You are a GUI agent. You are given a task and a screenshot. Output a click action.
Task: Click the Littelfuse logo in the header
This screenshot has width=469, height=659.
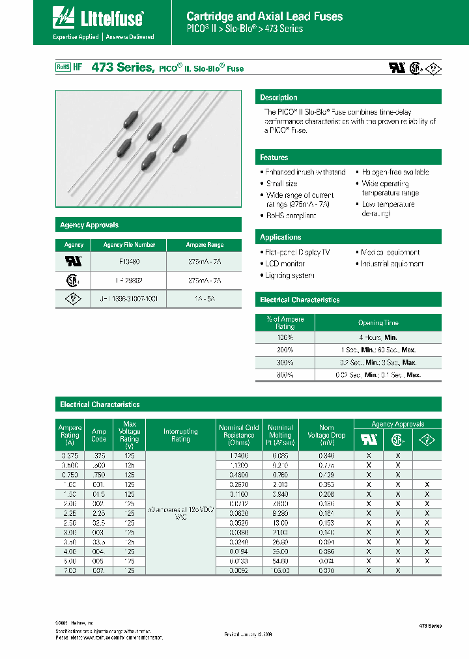pyautogui.click(x=98, y=20)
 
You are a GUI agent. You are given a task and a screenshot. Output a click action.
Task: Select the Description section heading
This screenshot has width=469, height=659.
pyautogui.click(x=279, y=98)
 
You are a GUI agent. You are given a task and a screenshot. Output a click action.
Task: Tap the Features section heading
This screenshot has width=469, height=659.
pyautogui.click(x=274, y=158)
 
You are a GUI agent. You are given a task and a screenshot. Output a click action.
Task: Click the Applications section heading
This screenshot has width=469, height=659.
pyautogui.click(x=280, y=237)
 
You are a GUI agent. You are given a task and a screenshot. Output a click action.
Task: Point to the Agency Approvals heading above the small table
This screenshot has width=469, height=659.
pyautogui.click(x=89, y=225)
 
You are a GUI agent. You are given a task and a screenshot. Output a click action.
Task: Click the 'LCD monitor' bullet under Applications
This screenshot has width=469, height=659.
pyautogui.click(x=285, y=264)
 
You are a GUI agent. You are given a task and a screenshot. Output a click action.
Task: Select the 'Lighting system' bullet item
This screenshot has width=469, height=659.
pyautogui.click(x=289, y=275)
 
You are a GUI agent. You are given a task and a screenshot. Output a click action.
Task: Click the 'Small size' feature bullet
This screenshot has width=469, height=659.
pyautogui.click(x=281, y=184)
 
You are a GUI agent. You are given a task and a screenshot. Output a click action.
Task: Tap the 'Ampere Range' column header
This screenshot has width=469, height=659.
pyautogui.click(x=205, y=245)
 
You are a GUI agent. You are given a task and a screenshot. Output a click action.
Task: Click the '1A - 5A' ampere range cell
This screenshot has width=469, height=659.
pyautogui.click(x=205, y=298)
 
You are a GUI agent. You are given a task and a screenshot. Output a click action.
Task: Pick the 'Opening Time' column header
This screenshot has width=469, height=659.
pyautogui.click(x=378, y=323)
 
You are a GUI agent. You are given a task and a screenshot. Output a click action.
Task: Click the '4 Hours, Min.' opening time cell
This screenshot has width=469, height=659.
pyautogui.click(x=378, y=337)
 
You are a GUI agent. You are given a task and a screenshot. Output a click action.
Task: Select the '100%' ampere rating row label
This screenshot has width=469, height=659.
pyautogui.click(x=285, y=337)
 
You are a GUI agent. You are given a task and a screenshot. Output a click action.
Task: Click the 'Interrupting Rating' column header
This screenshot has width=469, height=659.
pyautogui.click(x=180, y=435)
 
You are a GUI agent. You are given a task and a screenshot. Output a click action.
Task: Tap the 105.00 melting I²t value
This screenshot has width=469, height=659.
pyautogui.click(x=280, y=570)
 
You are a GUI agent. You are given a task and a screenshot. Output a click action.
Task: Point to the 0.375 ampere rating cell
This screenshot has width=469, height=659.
pyautogui.click(x=69, y=456)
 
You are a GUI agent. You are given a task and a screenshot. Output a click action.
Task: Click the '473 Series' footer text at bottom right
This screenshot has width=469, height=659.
pyautogui.click(x=429, y=626)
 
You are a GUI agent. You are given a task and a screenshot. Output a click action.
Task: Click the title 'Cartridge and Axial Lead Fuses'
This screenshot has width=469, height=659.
pyautogui.click(x=264, y=16)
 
